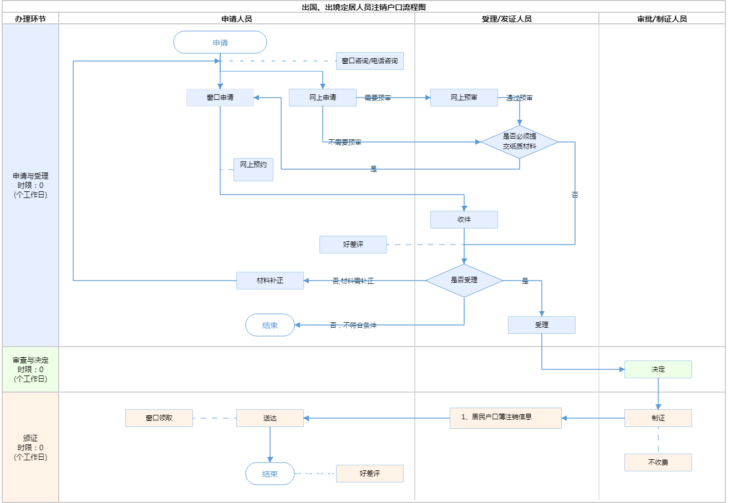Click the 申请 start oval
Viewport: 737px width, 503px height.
click(220, 43)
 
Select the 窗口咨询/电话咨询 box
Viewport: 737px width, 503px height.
click(369, 61)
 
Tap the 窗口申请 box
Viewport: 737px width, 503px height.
click(220, 98)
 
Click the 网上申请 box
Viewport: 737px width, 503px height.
click(322, 98)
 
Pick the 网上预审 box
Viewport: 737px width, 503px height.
click(464, 98)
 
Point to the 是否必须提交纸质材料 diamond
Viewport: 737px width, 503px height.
click(520, 142)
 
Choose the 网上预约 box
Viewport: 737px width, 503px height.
click(253, 169)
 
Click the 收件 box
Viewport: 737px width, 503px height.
click(464, 220)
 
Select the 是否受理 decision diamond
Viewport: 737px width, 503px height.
click(464, 281)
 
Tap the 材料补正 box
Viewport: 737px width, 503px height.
click(270, 281)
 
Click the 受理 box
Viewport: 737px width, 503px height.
click(541, 325)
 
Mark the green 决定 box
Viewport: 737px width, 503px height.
click(658, 369)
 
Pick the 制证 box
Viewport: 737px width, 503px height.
click(658, 418)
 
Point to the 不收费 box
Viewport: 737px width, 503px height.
click(658, 463)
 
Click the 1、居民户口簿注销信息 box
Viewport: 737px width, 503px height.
click(505, 418)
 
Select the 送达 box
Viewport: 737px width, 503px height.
click(270, 418)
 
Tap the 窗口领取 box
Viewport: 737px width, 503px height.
click(159, 418)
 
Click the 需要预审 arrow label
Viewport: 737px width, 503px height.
click(378, 98)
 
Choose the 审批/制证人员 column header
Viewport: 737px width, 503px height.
click(662, 19)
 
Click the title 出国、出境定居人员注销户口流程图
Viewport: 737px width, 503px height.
click(364, 7)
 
